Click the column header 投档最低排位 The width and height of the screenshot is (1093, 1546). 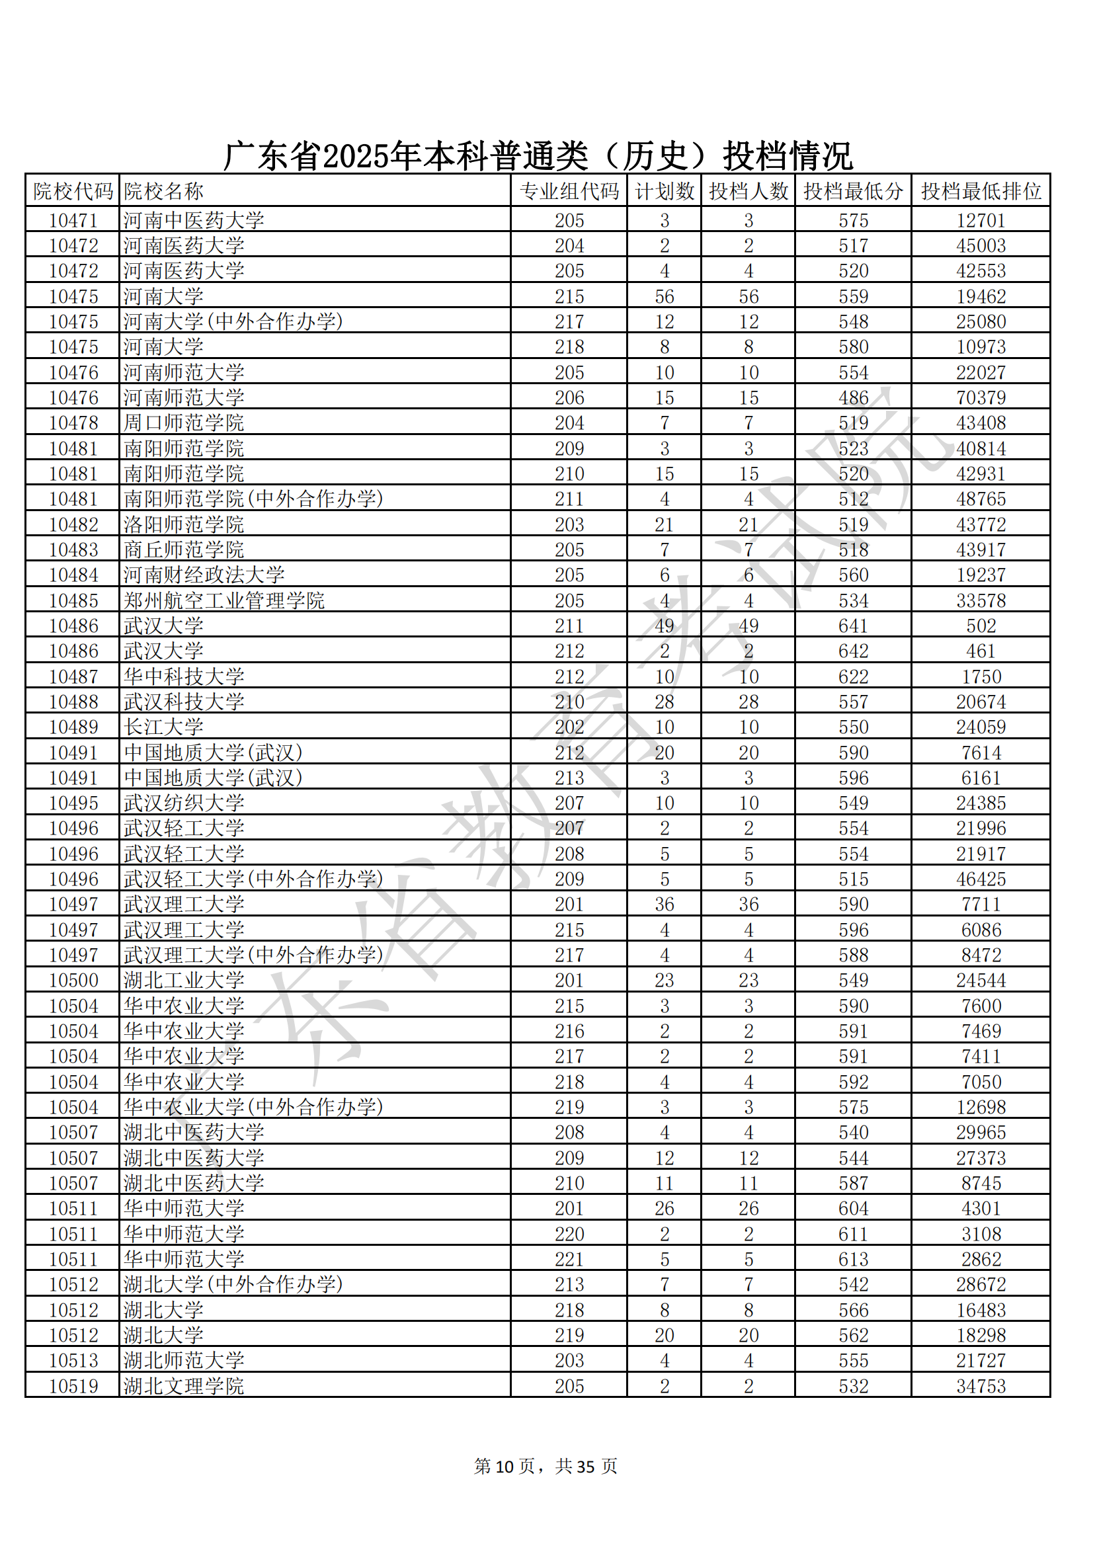coord(981,191)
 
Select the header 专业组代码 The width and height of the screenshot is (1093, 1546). coord(569,191)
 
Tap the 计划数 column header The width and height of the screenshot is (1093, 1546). coord(664,191)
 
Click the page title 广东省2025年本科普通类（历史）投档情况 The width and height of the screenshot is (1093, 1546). coord(538,156)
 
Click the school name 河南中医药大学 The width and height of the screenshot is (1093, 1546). coord(193,220)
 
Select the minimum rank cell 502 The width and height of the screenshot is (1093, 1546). coord(981,626)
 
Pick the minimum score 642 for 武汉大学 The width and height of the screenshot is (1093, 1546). coord(853,651)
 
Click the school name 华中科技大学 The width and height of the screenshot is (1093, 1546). coord(183,676)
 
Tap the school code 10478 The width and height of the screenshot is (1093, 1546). coord(73,423)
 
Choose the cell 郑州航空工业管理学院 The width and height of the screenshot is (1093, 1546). coord(223,600)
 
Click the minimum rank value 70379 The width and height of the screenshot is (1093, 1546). coord(981,397)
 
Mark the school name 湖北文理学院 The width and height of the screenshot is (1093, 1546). coord(183,1386)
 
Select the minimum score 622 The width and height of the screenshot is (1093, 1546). coord(853,676)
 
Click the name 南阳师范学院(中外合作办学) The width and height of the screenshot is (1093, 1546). coord(253,499)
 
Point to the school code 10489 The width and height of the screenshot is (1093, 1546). coord(73,727)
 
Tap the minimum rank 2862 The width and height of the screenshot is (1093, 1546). coord(981,1259)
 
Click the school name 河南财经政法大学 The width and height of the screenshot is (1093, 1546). coord(204,575)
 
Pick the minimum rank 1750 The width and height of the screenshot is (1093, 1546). coord(981,676)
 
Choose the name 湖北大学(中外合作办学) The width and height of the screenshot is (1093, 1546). coord(233,1284)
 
